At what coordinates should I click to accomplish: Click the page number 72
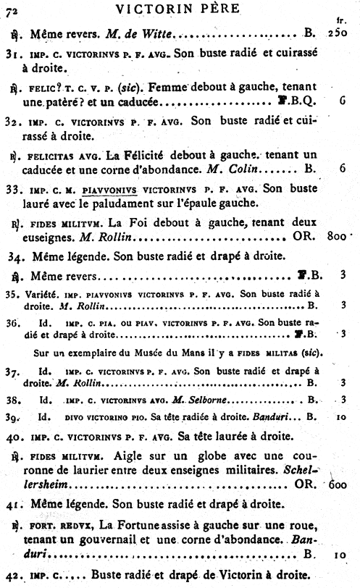pos(14,9)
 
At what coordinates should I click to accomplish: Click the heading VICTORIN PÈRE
pos(182,9)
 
